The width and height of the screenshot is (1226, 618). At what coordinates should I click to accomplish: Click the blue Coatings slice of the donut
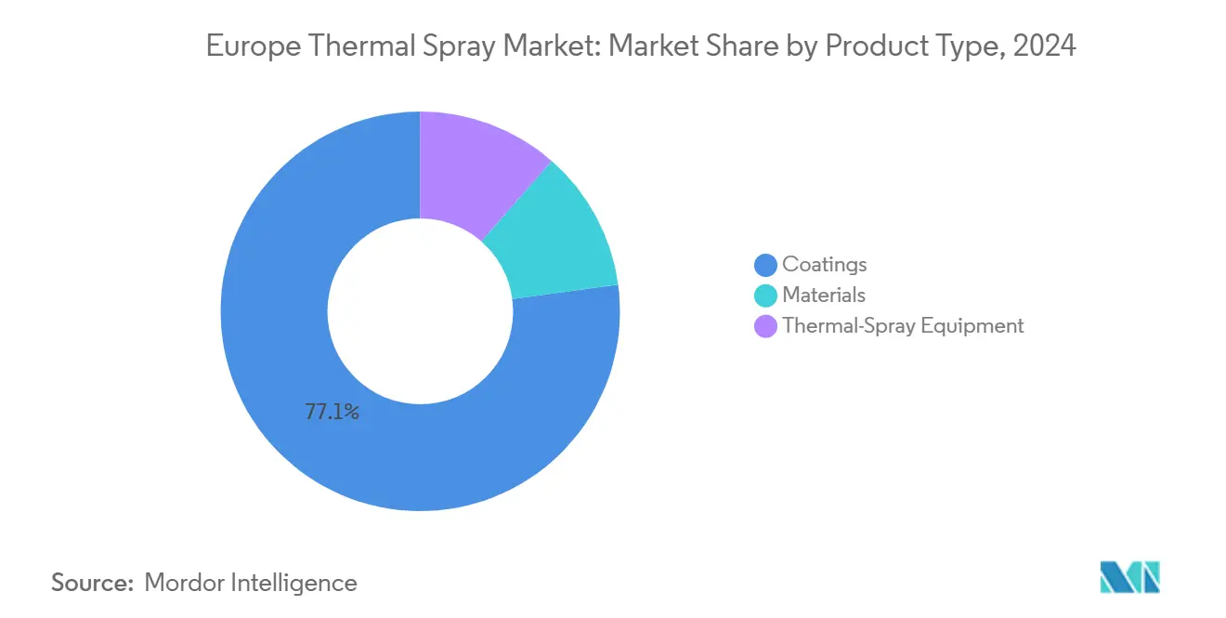click(279, 372)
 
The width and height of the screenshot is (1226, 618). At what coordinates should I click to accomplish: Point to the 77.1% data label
click(332, 412)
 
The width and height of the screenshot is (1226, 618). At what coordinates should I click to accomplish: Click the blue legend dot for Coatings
click(765, 265)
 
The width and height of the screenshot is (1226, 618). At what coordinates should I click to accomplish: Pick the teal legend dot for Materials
click(765, 296)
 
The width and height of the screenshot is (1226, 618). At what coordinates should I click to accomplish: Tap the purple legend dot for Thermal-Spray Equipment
click(765, 326)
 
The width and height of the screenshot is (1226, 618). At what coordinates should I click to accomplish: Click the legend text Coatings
click(824, 264)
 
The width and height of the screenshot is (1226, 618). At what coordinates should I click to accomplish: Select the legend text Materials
click(823, 295)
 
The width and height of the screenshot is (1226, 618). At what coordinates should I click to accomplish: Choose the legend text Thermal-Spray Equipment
click(903, 325)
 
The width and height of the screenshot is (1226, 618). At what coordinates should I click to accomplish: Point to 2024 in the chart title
click(1045, 46)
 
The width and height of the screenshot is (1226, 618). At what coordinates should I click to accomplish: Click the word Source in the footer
click(92, 583)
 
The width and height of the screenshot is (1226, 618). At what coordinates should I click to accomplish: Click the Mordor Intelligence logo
click(1129, 577)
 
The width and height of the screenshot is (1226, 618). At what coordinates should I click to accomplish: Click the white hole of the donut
click(420, 311)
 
